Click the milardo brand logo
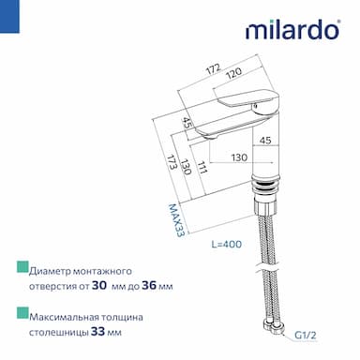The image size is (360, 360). coord(292,30)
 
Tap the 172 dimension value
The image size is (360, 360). coord(214,68)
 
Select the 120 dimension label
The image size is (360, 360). coord(234,73)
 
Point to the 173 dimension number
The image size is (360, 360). coord(172,162)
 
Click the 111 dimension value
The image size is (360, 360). coord(202,168)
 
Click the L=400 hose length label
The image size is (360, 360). coord(227,244)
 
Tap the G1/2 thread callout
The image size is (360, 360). coord(306,336)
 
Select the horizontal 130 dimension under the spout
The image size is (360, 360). coord(239,157)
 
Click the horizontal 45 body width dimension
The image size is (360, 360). coord(265,141)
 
